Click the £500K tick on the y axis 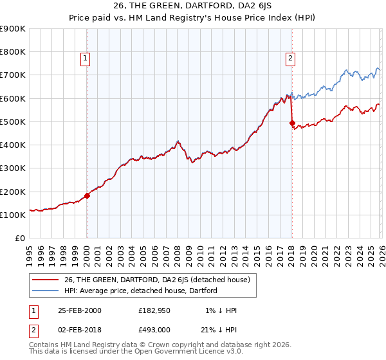(13, 122)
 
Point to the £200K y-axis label (13, 192)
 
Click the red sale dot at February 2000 (87, 195)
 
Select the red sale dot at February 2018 (292, 123)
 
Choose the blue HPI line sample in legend (46, 291)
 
